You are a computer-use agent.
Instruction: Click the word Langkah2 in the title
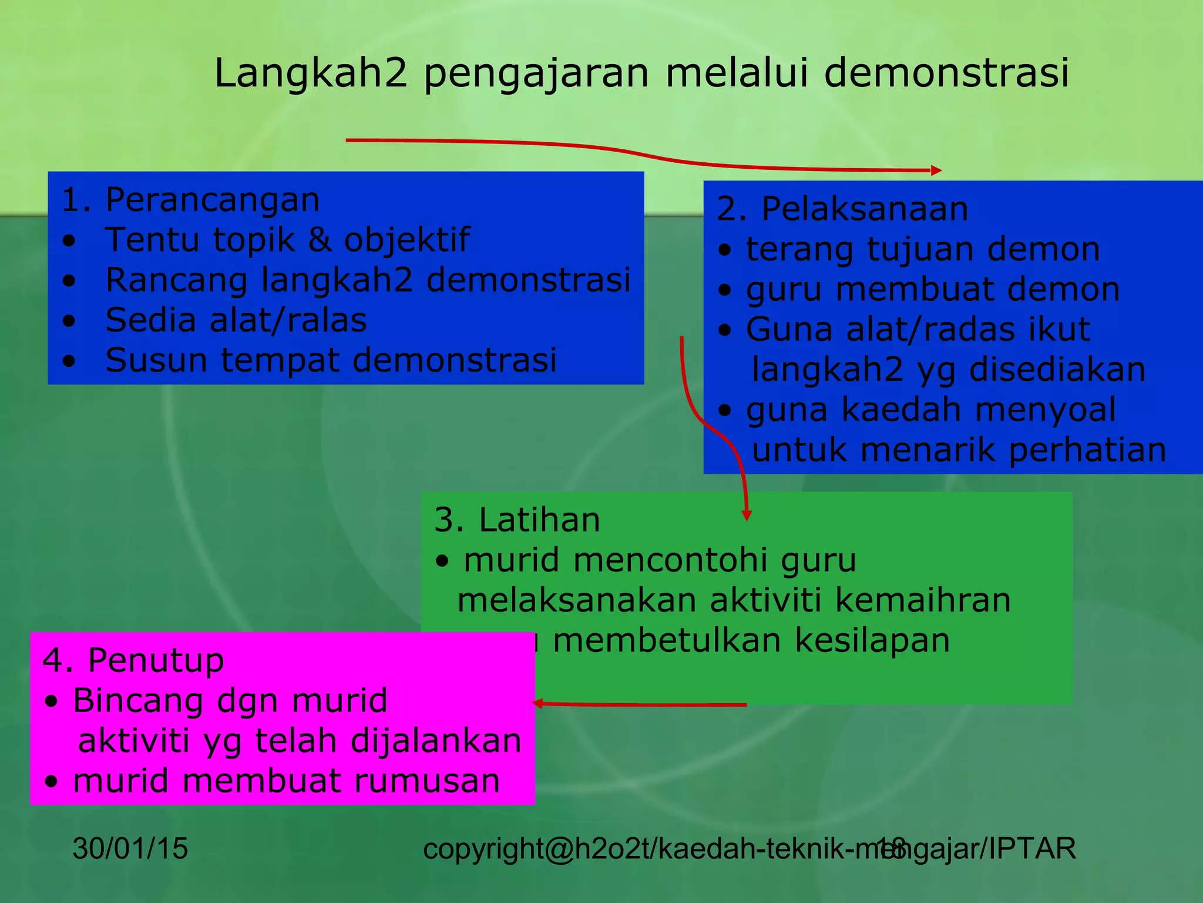(310, 73)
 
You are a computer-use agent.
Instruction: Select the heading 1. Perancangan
(190, 200)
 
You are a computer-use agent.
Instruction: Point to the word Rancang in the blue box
(176, 280)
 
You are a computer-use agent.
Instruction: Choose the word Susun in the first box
(156, 360)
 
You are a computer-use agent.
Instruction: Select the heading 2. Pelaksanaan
(842, 209)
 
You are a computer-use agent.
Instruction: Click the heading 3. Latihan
(517, 520)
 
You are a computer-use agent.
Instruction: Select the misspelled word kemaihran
(923, 600)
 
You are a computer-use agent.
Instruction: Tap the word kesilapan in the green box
(872, 640)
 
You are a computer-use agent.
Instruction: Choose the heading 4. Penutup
(133, 660)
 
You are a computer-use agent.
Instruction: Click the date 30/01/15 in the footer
(130, 848)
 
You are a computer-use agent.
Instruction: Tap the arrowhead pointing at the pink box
(537, 703)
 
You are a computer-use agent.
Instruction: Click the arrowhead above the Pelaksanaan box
(936, 170)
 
